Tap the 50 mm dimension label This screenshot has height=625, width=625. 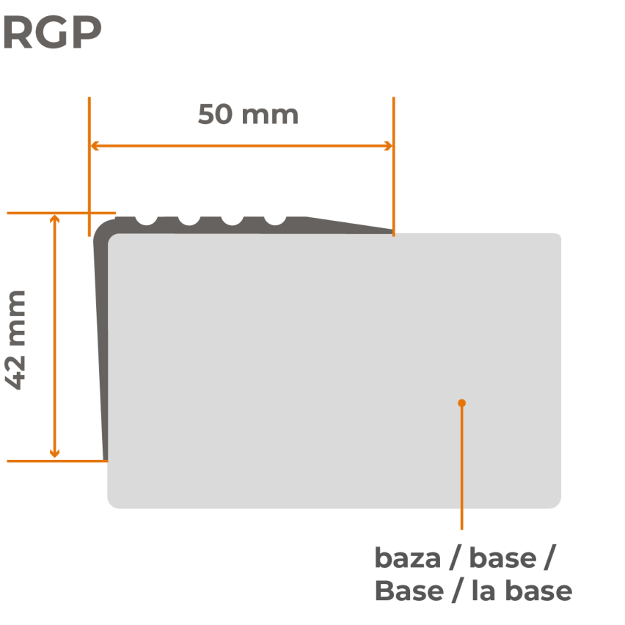248,114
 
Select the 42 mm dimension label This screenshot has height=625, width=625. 15,340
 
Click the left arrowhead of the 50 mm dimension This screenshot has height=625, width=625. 95,146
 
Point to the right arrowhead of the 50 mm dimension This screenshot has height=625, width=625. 388,146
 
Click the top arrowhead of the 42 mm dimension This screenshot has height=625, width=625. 54,219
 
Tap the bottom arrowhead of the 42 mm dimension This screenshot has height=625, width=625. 54,453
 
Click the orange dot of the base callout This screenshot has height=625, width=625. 461,403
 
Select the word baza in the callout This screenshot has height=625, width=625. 408,558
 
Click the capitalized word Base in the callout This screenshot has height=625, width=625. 409,591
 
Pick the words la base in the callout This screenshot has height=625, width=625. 522,591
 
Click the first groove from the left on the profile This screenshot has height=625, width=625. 146,220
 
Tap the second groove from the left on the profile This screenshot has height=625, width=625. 189,220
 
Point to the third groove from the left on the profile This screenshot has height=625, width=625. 232,220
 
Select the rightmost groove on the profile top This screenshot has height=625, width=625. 275,220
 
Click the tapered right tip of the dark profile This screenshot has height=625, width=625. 392,231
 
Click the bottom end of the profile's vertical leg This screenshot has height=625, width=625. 105,460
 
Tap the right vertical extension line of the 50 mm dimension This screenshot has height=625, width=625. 393,167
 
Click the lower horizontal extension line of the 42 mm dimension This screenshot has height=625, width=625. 57,461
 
